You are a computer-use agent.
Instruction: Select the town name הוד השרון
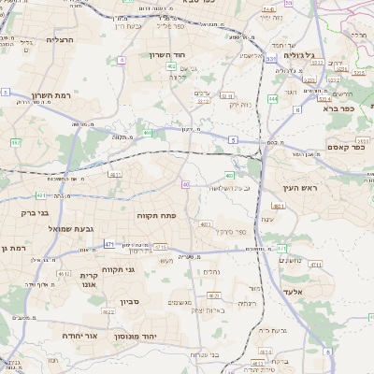tap(169, 55)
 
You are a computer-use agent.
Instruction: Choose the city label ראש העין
tap(300, 188)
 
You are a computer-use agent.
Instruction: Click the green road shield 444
tap(272, 97)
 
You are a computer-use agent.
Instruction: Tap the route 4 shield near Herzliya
tap(122, 60)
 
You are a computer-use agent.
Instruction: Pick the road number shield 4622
tap(108, 311)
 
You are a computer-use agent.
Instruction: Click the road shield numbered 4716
tap(161, 248)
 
